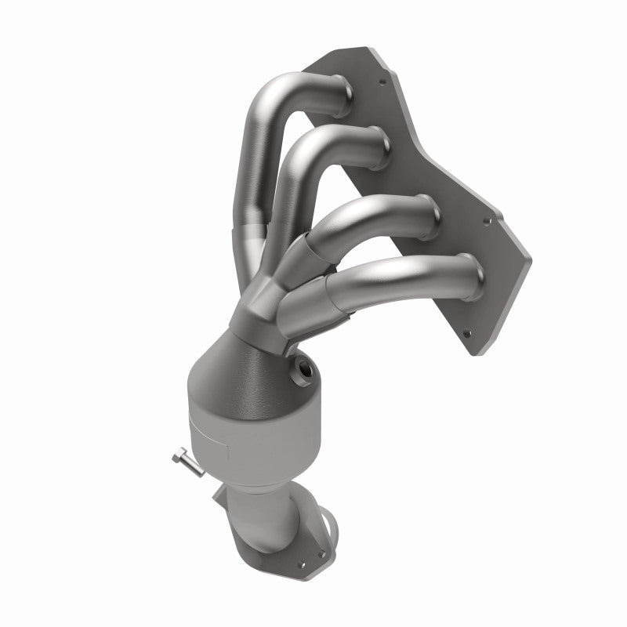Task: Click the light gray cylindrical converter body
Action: click(x=251, y=439)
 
